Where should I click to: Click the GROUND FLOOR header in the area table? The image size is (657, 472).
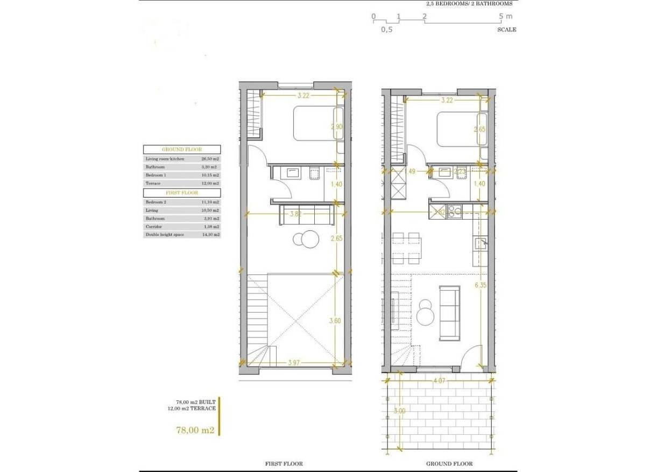click(181, 150)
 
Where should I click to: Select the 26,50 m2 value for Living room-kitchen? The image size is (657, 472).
click(210, 159)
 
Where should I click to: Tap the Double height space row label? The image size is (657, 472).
click(163, 235)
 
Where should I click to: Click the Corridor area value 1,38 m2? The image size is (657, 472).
click(210, 227)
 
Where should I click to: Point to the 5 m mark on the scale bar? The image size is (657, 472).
click(506, 17)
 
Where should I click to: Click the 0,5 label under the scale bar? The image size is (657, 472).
click(386, 30)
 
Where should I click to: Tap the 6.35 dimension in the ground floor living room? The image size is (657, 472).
click(481, 286)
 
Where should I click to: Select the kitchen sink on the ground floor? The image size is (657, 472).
click(480, 243)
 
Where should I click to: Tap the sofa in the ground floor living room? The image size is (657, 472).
click(449, 313)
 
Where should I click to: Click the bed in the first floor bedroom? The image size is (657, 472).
click(317, 123)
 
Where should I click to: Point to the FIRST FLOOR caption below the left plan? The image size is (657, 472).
click(284, 463)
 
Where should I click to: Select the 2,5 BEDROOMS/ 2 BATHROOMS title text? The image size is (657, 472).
click(469, 3)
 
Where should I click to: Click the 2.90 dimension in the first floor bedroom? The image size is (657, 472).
click(336, 128)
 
